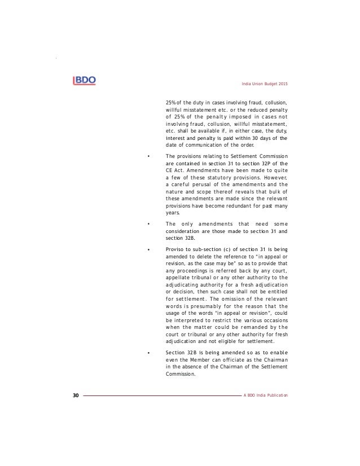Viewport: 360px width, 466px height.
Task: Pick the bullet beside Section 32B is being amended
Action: coord(148,352)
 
